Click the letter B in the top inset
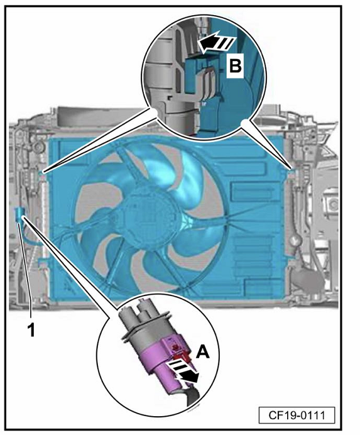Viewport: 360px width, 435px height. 235,67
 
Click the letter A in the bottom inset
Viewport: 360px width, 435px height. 202,353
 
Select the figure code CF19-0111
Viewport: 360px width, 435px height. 297,415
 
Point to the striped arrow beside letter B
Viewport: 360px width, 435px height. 217,43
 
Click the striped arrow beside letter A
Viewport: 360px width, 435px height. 183,372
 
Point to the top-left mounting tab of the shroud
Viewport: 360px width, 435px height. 41,173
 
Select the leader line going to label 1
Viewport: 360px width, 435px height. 25,269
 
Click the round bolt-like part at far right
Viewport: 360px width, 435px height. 334,206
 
